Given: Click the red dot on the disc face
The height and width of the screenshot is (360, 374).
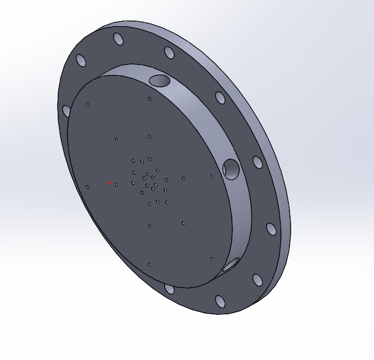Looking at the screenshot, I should (x=109, y=183).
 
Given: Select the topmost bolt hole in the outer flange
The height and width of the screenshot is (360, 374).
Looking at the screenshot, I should (x=118, y=39).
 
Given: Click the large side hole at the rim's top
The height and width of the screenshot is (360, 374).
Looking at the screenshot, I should (x=160, y=80).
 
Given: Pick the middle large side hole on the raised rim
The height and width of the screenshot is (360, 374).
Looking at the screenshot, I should (x=231, y=169).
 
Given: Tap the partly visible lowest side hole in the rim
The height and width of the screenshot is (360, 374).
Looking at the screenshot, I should (x=231, y=264).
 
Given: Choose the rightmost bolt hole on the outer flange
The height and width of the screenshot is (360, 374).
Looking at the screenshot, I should (x=272, y=229).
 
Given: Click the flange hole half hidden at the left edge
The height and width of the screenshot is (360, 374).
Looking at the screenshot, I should (x=66, y=110).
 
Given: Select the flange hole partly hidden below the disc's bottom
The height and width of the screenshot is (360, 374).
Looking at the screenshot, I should (x=169, y=289).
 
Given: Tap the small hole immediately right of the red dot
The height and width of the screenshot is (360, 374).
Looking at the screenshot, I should (x=116, y=184).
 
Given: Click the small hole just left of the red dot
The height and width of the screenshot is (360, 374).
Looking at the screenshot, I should (x=87, y=187).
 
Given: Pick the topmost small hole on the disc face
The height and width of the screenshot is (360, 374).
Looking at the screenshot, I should (x=150, y=99).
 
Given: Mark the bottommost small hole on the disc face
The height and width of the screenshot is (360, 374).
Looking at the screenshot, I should (x=150, y=264).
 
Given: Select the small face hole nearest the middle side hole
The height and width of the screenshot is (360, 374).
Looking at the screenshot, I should (x=212, y=176).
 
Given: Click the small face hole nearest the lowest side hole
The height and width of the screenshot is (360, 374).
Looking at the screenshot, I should (x=212, y=259).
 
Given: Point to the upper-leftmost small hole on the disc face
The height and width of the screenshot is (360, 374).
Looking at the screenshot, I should (x=87, y=104).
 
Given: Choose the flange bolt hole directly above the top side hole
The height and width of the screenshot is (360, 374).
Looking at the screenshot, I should (x=169, y=52).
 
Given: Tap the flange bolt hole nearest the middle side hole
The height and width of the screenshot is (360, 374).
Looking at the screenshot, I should (x=258, y=163).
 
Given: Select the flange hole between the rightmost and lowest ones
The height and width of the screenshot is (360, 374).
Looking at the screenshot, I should (x=258, y=280).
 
